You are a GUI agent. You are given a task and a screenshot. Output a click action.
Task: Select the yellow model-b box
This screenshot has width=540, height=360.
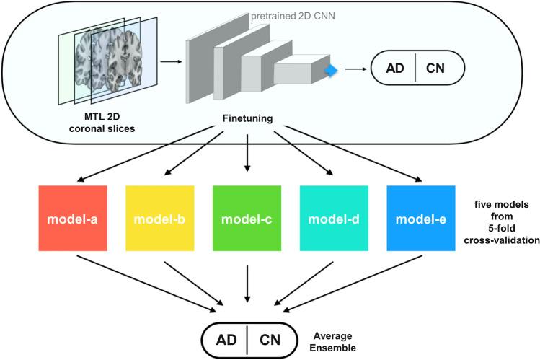point(160,217)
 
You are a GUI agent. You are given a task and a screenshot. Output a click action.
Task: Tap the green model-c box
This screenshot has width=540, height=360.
point(247,217)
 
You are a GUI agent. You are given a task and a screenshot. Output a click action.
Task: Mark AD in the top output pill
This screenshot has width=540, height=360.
point(394,71)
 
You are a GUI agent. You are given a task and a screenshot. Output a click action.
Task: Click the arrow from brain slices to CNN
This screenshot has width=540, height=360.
point(170,63)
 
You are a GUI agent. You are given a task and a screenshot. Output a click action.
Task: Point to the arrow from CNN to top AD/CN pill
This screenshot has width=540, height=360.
point(353,71)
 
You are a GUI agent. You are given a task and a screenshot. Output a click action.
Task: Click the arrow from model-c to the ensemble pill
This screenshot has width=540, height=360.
point(247,282)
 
